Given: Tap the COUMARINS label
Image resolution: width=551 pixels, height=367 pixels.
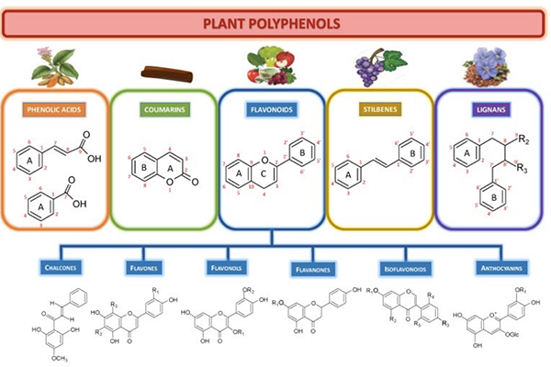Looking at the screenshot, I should tap(163, 111).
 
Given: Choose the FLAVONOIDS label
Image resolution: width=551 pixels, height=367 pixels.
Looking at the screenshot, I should tap(273, 111).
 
